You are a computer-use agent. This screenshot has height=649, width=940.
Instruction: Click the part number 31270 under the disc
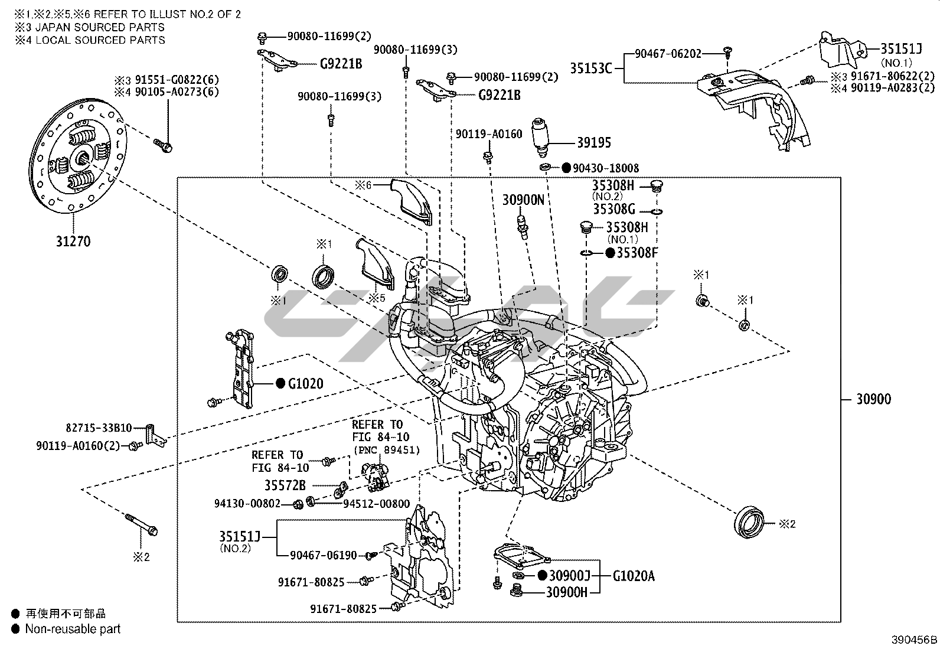tap(74, 242)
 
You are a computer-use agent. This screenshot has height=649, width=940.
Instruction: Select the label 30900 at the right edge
tap(873, 399)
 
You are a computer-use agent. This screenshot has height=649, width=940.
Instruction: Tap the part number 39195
tap(593, 143)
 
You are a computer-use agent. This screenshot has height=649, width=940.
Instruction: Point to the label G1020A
tap(634, 576)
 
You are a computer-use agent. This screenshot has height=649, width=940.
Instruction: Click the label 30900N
tap(524, 200)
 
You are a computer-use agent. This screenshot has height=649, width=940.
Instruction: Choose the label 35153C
tap(590, 69)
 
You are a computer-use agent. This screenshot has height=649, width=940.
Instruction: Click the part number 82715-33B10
tap(99, 428)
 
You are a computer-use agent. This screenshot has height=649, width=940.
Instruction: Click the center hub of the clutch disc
tap(83, 158)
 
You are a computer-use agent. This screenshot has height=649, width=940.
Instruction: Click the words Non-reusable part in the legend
tap(73, 630)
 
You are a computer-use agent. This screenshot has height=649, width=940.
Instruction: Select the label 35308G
tap(614, 209)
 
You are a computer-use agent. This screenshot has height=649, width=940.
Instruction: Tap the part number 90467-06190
tap(324, 555)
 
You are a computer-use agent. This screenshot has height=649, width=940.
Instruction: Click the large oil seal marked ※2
tap(750, 521)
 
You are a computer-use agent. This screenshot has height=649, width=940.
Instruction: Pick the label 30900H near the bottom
tap(566, 591)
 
